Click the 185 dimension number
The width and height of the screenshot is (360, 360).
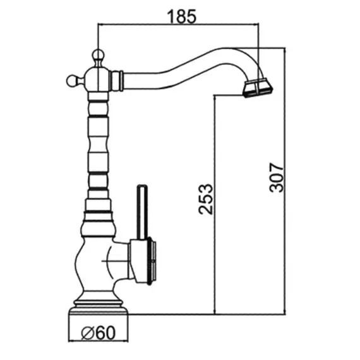coord(182,16)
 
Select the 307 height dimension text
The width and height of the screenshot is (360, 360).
coord(277,177)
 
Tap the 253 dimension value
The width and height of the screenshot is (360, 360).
coord(206,199)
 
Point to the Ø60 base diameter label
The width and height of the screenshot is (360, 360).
coord(99,333)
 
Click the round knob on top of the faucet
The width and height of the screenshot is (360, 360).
coord(98,55)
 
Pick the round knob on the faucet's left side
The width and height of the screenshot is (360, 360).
coord(72,81)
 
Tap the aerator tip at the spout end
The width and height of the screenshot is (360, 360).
coord(258,88)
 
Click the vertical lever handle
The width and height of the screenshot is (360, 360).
coord(142,212)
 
